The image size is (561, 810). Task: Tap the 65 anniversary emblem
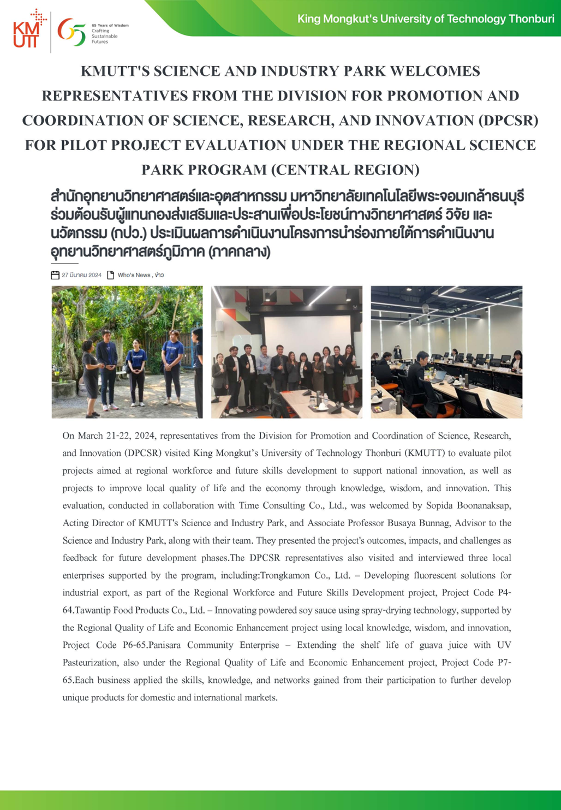(71, 32)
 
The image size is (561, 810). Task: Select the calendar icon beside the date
(55, 275)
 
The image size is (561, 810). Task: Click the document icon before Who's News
(110, 275)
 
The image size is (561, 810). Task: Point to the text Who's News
(134, 275)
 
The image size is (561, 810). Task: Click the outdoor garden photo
(127, 352)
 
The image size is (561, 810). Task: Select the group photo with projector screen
(287, 352)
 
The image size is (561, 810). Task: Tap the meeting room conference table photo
(446, 352)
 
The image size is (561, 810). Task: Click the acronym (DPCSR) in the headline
(508, 120)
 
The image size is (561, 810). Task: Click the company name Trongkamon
(283, 575)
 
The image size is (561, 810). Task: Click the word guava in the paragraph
(432, 645)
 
